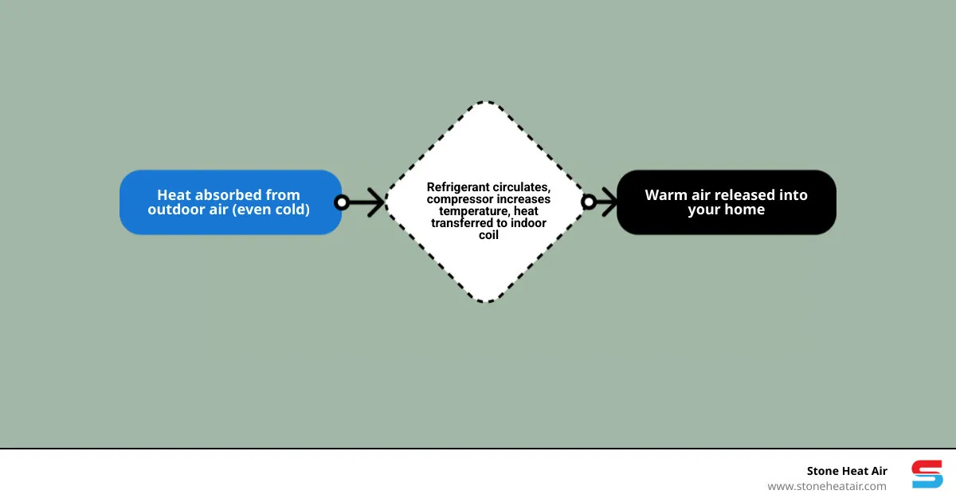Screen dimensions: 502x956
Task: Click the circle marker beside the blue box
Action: coord(342,202)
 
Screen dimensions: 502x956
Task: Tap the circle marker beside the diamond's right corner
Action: coord(589,202)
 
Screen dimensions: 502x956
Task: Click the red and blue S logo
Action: coord(927,474)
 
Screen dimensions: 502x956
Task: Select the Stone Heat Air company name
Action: coord(846,471)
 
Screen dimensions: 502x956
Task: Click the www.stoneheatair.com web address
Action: coord(826,486)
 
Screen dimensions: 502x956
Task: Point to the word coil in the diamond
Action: coord(488,235)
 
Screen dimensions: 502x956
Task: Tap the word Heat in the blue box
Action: coord(173,195)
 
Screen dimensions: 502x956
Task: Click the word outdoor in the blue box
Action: coord(174,210)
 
